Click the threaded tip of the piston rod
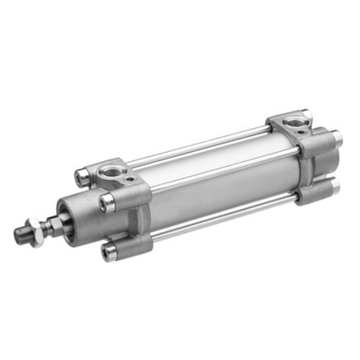(21, 235)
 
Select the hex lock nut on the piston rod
(36, 227)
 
